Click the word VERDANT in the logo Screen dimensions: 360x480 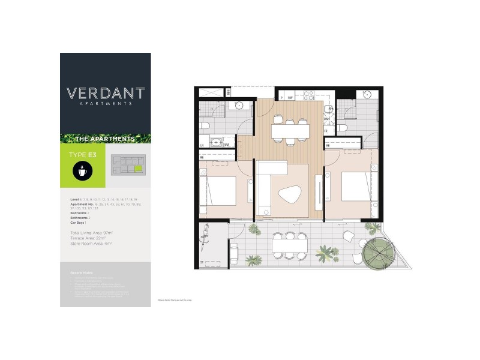[x=106, y=94]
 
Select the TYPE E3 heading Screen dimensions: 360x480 [x=83, y=155]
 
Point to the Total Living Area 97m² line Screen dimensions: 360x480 [x=91, y=232]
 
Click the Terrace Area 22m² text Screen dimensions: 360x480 [x=91, y=238]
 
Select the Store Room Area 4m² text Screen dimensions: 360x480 [x=92, y=244]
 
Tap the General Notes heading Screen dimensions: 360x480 [x=81, y=272]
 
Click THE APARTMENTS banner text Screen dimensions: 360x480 [x=106, y=139]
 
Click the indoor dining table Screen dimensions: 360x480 [x=290, y=131]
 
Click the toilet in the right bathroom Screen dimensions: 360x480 [x=342, y=128]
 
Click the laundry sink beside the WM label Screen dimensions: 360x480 [x=212, y=143]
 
